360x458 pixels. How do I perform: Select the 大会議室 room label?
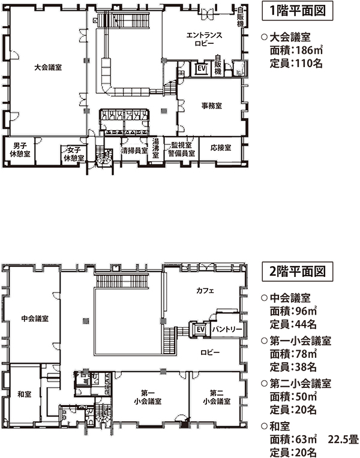click(49, 67)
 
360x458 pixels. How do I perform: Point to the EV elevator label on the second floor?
click(200, 330)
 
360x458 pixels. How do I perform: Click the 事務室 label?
click(212, 106)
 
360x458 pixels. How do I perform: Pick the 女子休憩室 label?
click(74, 154)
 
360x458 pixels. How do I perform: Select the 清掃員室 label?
click(134, 150)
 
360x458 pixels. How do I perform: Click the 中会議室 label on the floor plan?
click(35, 318)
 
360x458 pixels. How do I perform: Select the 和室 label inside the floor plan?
click(25, 394)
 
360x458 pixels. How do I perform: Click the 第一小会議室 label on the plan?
click(148, 397)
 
